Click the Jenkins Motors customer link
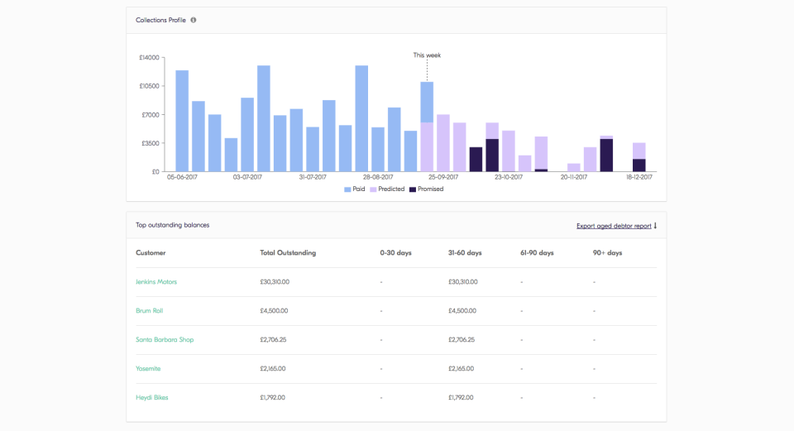(x=156, y=282)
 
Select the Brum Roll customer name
(x=149, y=311)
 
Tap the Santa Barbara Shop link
(x=165, y=340)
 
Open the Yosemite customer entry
(x=148, y=369)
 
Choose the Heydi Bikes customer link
(x=152, y=398)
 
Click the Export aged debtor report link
(x=614, y=225)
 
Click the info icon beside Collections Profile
(x=194, y=20)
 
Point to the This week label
(x=427, y=55)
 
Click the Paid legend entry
(x=354, y=189)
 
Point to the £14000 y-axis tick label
(x=149, y=58)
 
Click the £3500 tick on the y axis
(x=150, y=143)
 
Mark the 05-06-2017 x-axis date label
(x=182, y=177)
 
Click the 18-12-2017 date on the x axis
(x=639, y=177)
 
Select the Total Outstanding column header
(x=288, y=253)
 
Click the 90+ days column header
(x=607, y=253)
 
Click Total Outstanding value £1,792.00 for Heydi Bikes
(x=272, y=398)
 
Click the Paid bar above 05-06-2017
(x=182, y=121)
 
